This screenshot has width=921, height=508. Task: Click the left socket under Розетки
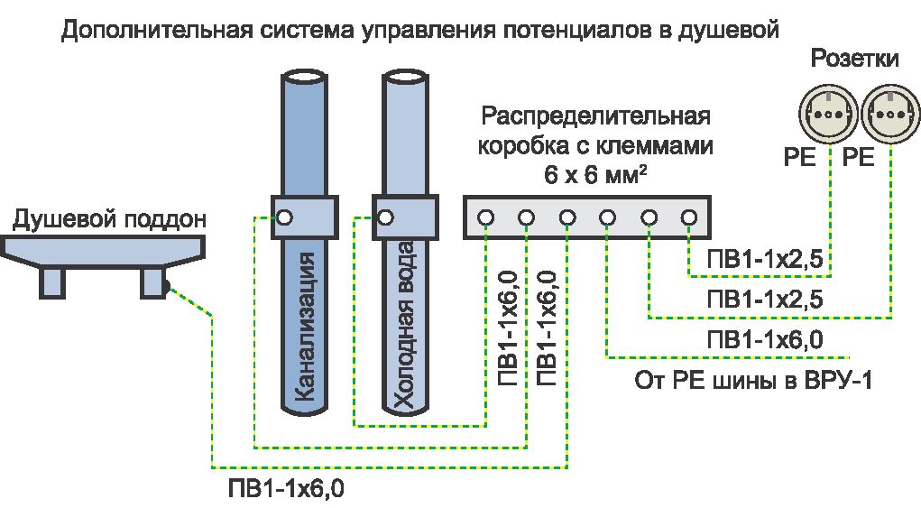tap(827, 115)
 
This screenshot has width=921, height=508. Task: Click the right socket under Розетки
tap(889, 115)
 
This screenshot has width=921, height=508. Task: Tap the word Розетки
tap(855, 60)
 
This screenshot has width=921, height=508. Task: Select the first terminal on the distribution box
tap(486, 217)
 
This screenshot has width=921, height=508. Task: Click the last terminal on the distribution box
tap(689, 217)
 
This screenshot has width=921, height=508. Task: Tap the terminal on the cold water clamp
tap(386, 217)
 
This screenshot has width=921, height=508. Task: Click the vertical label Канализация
tap(305, 325)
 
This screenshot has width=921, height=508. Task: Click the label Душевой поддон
tap(109, 219)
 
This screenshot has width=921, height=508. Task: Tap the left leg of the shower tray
tap(52, 282)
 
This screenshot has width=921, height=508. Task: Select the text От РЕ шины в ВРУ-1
tap(755, 379)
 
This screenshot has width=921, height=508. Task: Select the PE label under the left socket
tap(799, 159)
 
